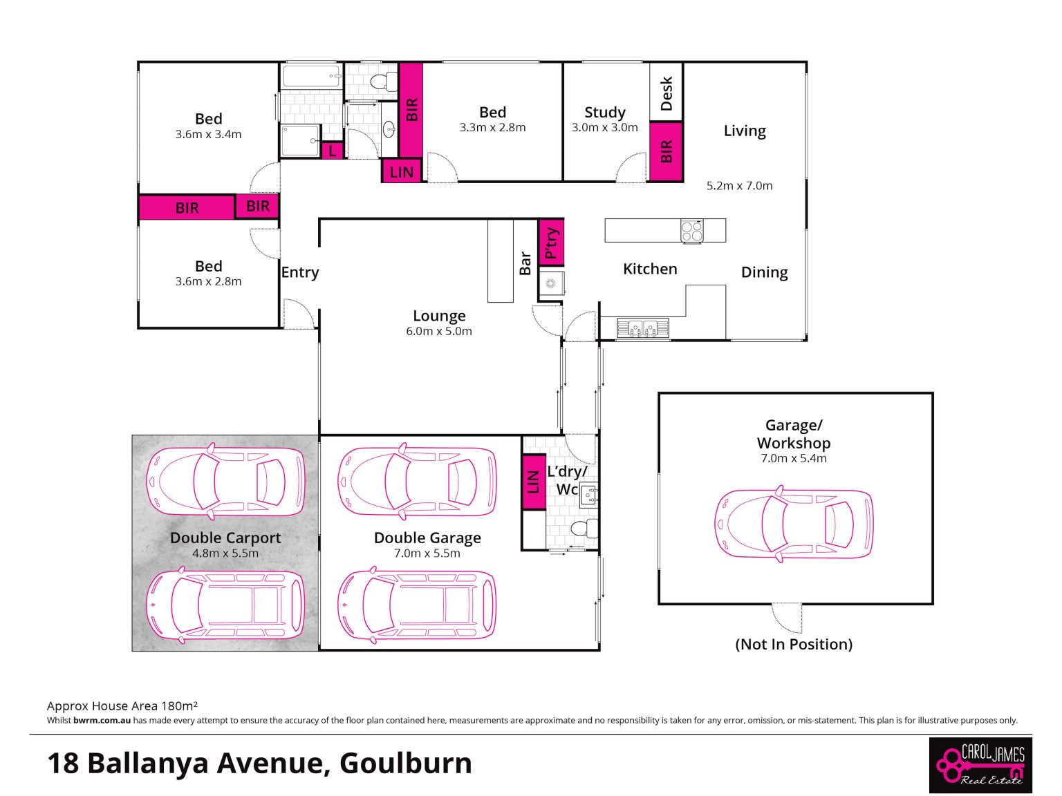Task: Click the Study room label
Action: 604,112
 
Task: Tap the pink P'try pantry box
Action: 551,243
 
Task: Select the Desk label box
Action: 666,93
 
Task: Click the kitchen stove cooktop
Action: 691,231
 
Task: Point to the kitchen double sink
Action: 642,328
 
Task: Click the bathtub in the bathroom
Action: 310,76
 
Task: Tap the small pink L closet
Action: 332,151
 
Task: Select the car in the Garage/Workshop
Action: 794,524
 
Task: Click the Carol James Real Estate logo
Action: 980,765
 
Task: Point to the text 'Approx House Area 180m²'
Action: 122,705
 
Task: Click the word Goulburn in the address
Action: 405,763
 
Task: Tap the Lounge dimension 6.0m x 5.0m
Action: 439,331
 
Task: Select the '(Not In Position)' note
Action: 794,644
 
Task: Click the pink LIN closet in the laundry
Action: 534,482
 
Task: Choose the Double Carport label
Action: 225,538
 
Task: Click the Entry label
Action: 300,272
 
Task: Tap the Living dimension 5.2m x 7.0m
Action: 739,186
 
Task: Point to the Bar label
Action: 525,263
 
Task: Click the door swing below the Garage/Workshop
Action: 786,618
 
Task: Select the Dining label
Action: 765,272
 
